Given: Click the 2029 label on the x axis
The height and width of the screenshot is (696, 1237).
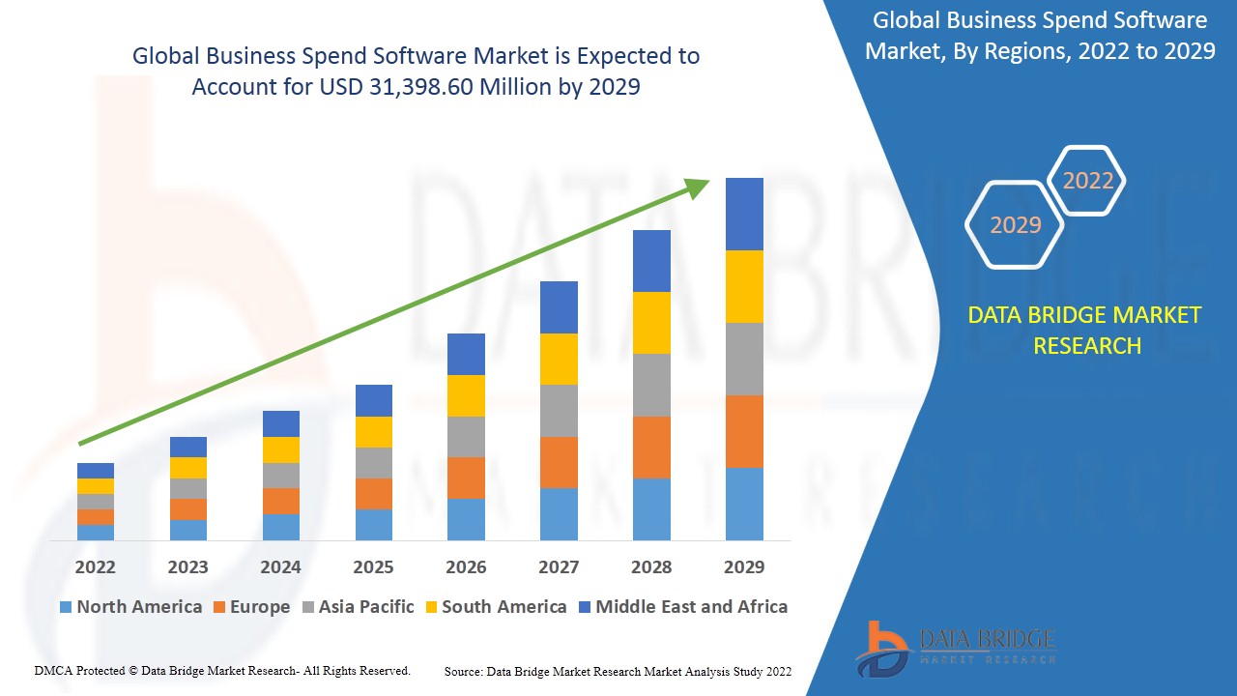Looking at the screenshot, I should [743, 566].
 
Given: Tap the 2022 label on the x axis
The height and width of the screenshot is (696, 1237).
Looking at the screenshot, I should [95, 566].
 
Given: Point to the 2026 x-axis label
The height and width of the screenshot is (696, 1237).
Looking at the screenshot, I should [466, 566].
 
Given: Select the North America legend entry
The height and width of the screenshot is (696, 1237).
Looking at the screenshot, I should [130, 607].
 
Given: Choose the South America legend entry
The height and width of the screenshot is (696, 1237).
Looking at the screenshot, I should [495, 607].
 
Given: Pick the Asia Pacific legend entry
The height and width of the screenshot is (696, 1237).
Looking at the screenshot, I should [358, 607].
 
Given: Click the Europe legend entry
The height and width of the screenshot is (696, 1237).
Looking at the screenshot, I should [250, 607].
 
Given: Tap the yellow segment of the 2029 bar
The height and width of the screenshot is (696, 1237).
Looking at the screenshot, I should [744, 286].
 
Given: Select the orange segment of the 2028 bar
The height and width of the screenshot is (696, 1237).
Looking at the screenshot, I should [651, 447].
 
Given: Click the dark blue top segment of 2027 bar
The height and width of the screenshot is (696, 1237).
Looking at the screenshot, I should [559, 307].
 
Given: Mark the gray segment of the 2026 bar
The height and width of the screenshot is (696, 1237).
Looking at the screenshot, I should [466, 437].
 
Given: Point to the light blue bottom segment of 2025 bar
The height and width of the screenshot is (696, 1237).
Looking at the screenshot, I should [374, 524].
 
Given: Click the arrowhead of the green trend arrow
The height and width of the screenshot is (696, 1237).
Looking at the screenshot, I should [698, 186].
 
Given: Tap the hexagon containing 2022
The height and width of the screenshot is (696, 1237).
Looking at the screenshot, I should [1087, 181].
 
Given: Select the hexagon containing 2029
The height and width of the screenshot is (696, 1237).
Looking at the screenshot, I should [1015, 225].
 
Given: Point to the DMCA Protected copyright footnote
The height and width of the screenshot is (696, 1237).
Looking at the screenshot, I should [222, 670].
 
